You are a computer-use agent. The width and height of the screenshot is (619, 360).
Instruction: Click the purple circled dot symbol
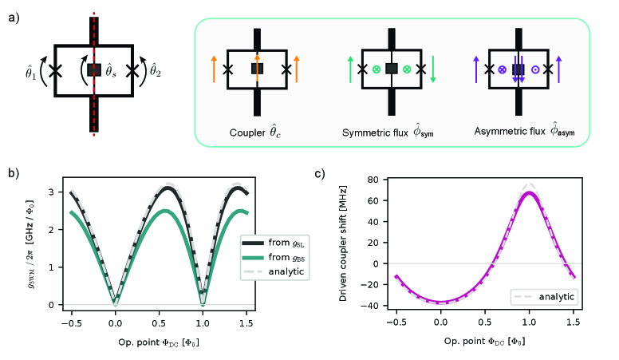click(534, 69)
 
